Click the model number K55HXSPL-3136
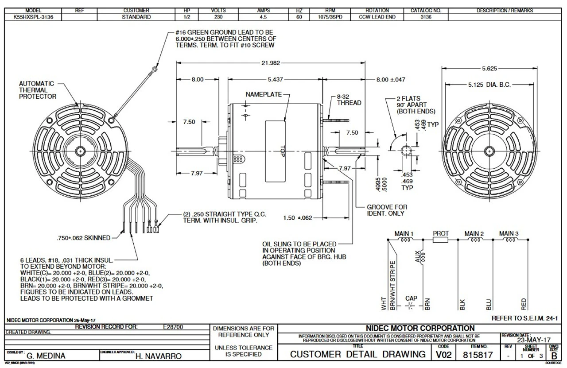point(32,17)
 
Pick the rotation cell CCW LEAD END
point(377,17)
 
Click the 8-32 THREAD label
point(349,100)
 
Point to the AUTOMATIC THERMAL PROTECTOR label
point(38,90)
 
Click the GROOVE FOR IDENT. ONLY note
point(387,210)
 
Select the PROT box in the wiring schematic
point(440,240)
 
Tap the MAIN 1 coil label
point(404,233)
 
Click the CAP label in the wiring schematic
point(411,298)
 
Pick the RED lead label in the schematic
point(524,303)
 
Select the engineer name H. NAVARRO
point(159,356)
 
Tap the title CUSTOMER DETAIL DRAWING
point(357,354)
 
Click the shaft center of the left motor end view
point(80,151)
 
